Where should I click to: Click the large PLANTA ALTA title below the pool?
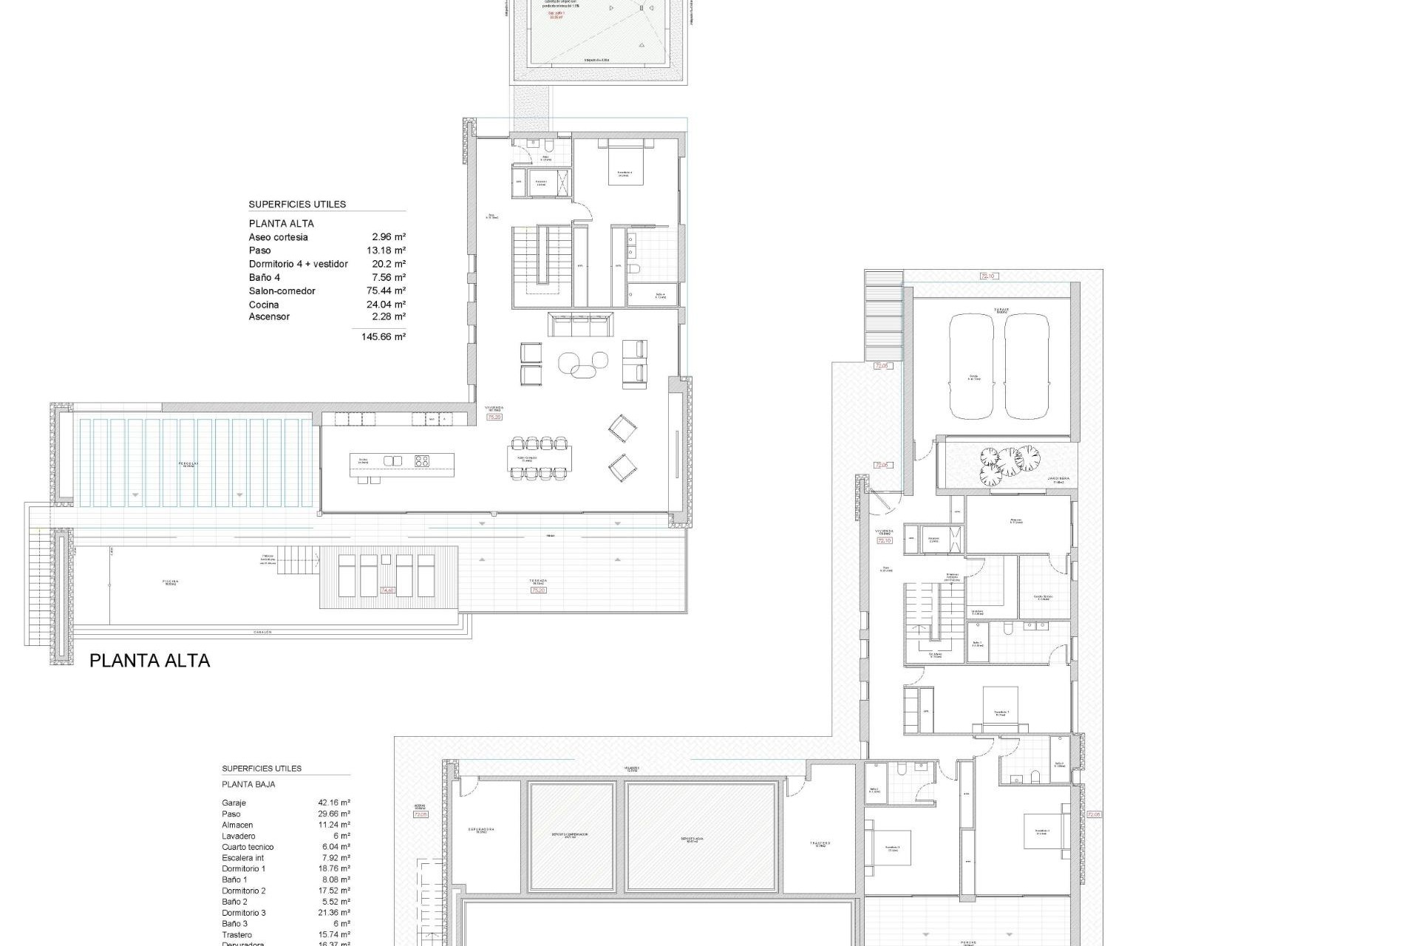pos(149,661)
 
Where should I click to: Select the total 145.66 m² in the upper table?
pos(389,337)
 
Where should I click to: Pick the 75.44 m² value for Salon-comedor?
pos(387,290)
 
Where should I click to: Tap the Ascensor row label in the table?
pos(269,317)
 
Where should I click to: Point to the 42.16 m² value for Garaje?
pos(334,803)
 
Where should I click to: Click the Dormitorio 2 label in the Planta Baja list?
pos(243,891)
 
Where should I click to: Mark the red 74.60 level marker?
pos(387,591)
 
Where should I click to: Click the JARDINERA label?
pos(1058,479)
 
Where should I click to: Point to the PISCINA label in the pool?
pos(171,582)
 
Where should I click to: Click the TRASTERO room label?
pos(819,843)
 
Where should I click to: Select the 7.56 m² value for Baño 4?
pos(389,277)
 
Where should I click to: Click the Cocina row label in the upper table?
pos(264,304)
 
